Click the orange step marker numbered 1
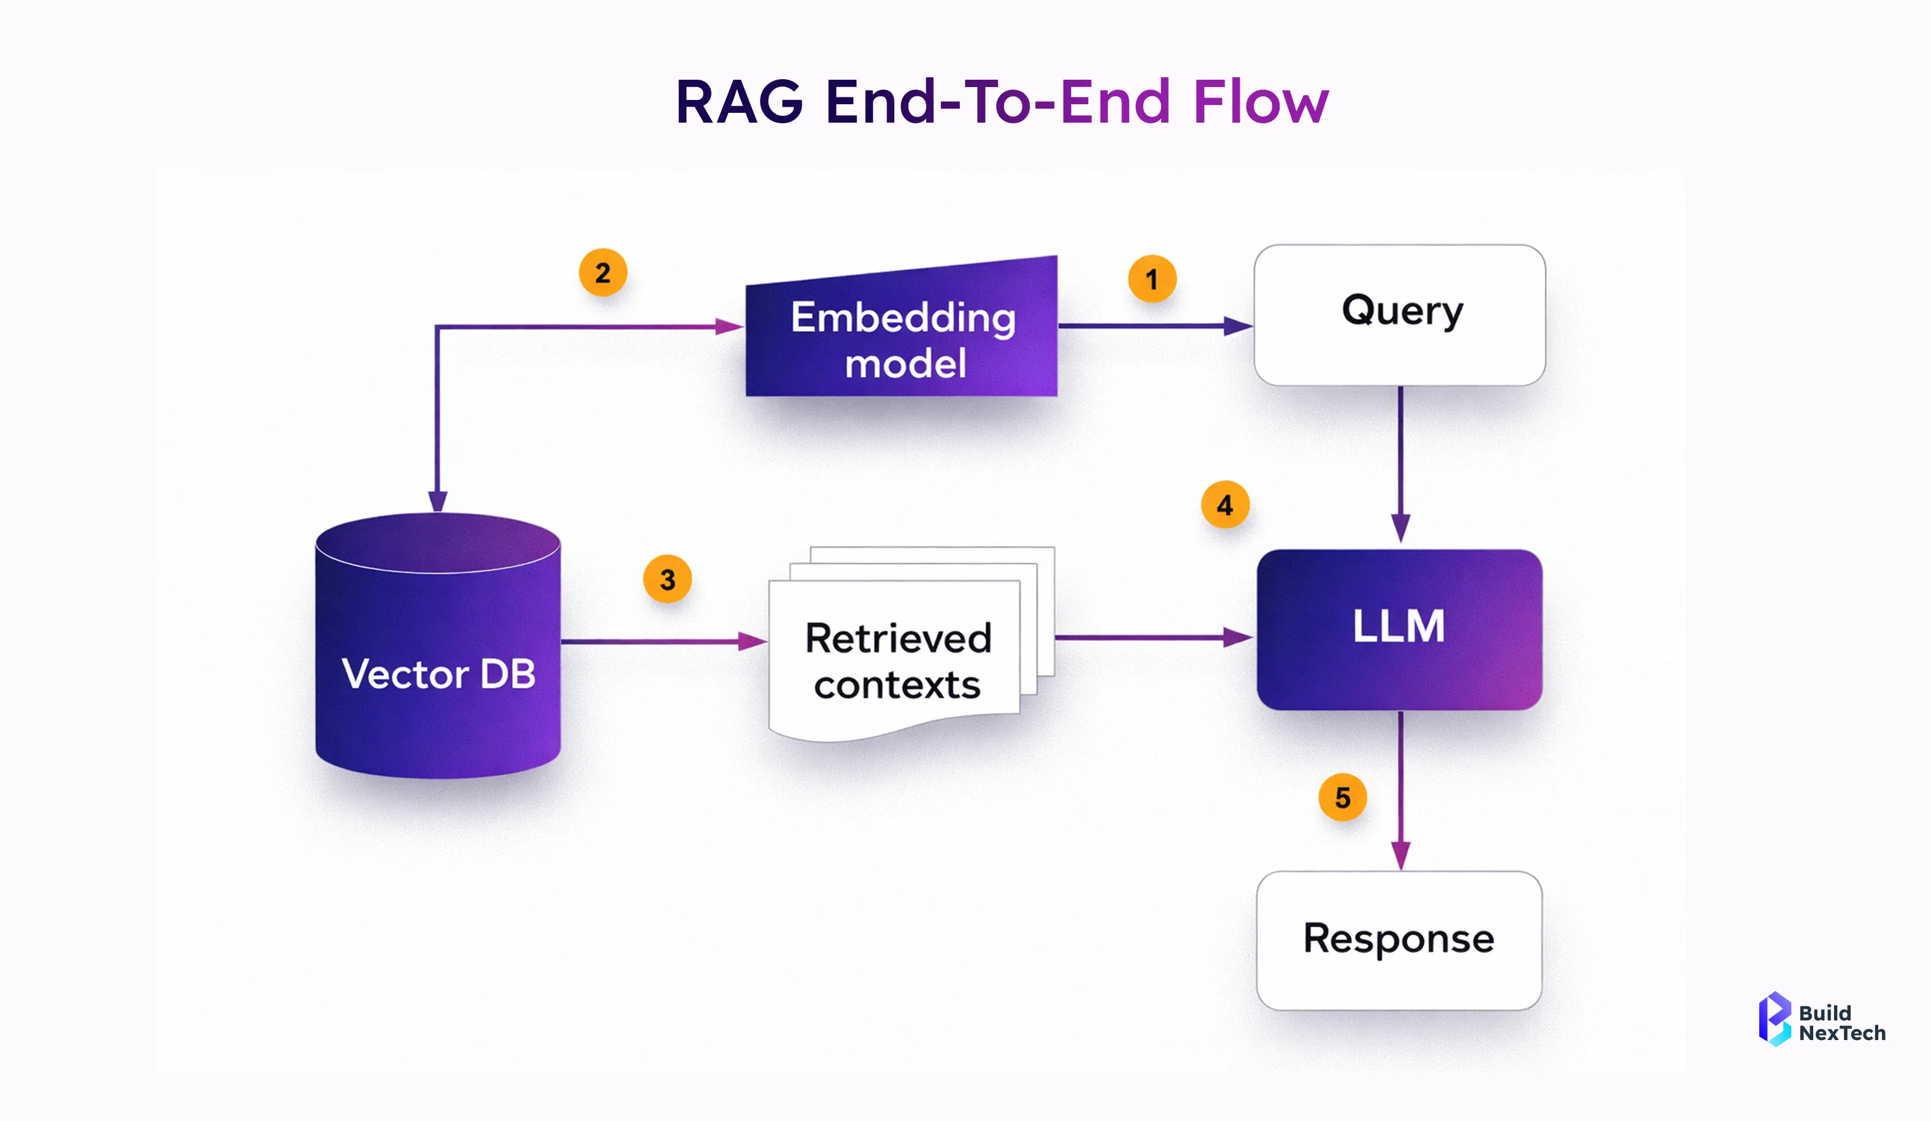1152,279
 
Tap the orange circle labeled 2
603,273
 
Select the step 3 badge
667,580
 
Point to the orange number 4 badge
1225,505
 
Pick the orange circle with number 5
1343,798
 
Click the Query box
1400,315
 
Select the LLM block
1399,629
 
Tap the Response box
1399,940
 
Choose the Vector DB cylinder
439,659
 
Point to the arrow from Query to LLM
1401,460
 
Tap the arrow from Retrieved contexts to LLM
1150,637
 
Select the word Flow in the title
1261,102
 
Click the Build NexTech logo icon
1773,1019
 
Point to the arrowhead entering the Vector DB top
437,501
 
